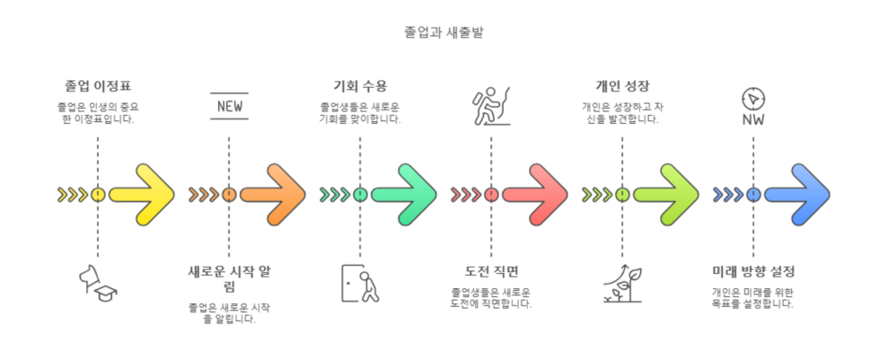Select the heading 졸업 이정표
pos(98,86)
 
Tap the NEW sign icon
pos(229,106)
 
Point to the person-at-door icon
pos(360,283)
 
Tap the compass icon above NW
pos(752,97)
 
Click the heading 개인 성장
pos(622,86)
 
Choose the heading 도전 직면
pos(491,271)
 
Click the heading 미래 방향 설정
pos(753,271)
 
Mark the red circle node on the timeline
pos(491,194)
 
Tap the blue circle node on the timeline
pos(753,194)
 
